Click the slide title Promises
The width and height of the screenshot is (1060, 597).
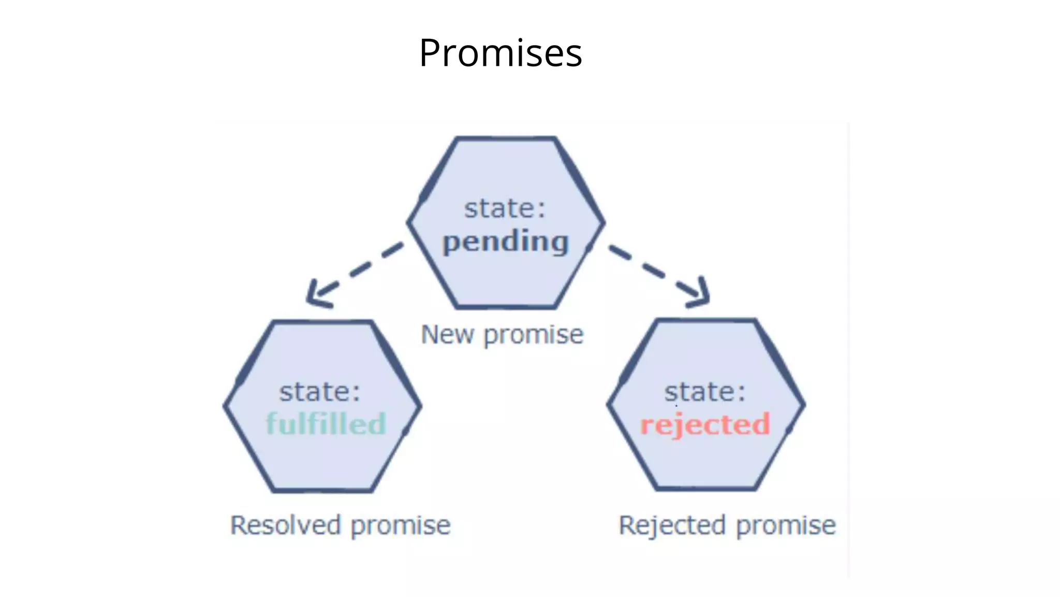click(x=500, y=53)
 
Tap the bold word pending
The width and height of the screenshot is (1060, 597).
click(x=506, y=242)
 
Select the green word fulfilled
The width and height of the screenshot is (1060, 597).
click(x=326, y=424)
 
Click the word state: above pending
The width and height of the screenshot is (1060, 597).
click(x=505, y=208)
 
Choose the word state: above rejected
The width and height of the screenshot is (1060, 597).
click(x=705, y=392)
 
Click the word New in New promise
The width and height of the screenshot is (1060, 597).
click(x=447, y=334)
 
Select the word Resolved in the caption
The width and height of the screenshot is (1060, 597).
click(x=286, y=525)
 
